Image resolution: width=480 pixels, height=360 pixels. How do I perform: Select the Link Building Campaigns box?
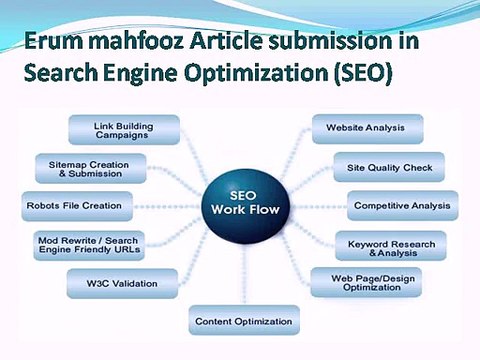coord(123,130)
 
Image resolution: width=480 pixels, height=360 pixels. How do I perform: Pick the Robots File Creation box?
coord(73,205)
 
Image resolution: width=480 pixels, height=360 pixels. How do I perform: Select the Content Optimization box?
coord(242,321)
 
